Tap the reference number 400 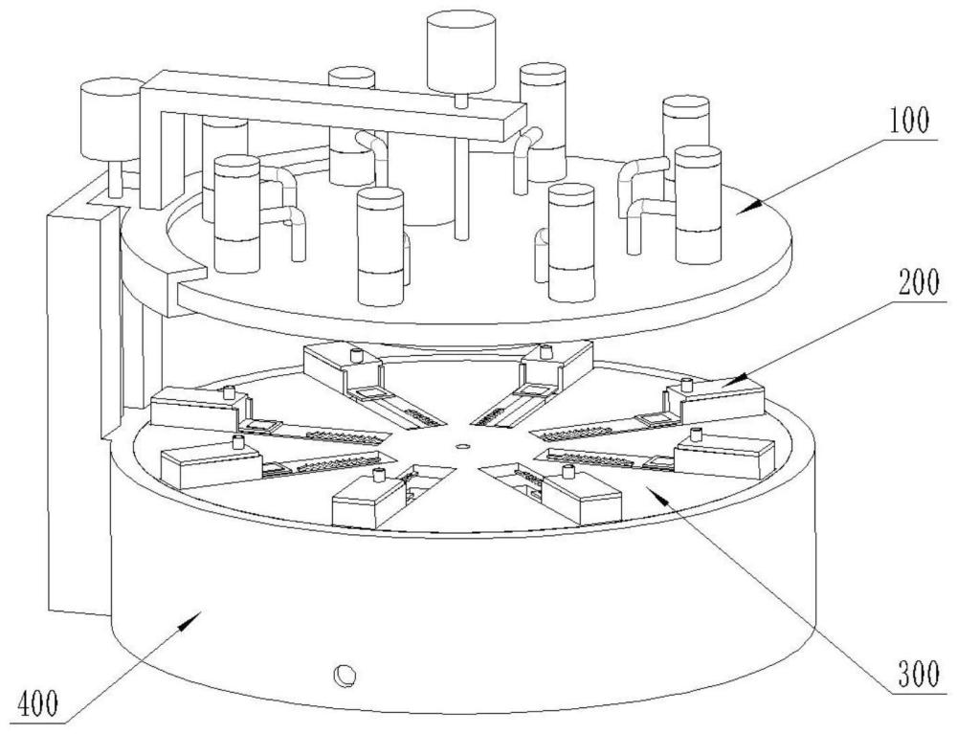(x=35, y=707)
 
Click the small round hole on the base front (x=342, y=676)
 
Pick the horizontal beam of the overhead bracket (x=335, y=103)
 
